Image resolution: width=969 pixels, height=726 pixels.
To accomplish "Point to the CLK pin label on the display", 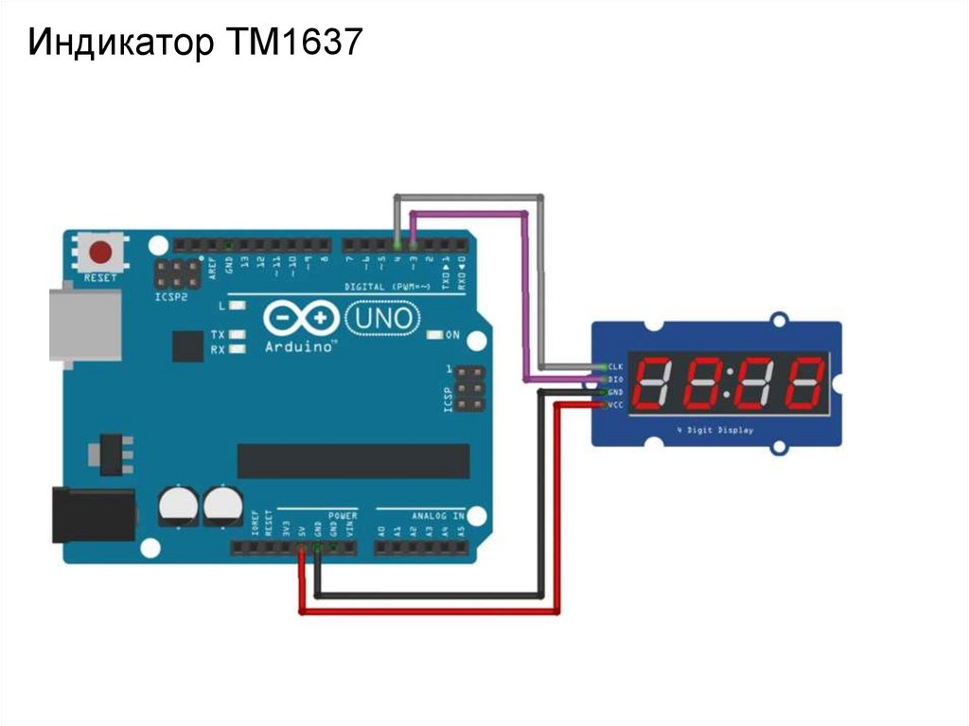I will [x=615, y=366].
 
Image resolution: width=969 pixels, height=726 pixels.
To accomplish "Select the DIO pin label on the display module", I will [x=615, y=379].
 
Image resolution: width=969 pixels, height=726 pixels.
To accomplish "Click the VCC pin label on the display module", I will [x=615, y=405].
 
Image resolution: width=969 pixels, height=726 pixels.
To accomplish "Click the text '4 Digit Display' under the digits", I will [x=715, y=432].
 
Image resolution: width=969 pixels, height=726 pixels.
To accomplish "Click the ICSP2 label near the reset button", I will [x=172, y=295].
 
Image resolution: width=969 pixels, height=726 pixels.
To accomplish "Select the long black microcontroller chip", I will [x=353, y=460].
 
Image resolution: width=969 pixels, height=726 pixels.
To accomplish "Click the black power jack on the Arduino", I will [x=92, y=515].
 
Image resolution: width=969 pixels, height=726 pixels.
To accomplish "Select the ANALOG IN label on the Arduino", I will [x=437, y=516].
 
